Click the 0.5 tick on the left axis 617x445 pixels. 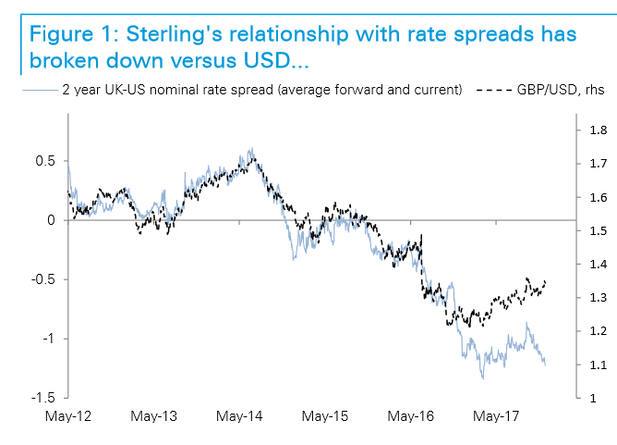[45, 161]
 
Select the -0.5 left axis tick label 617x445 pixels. [42, 279]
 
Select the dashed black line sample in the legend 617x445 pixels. [493, 91]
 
